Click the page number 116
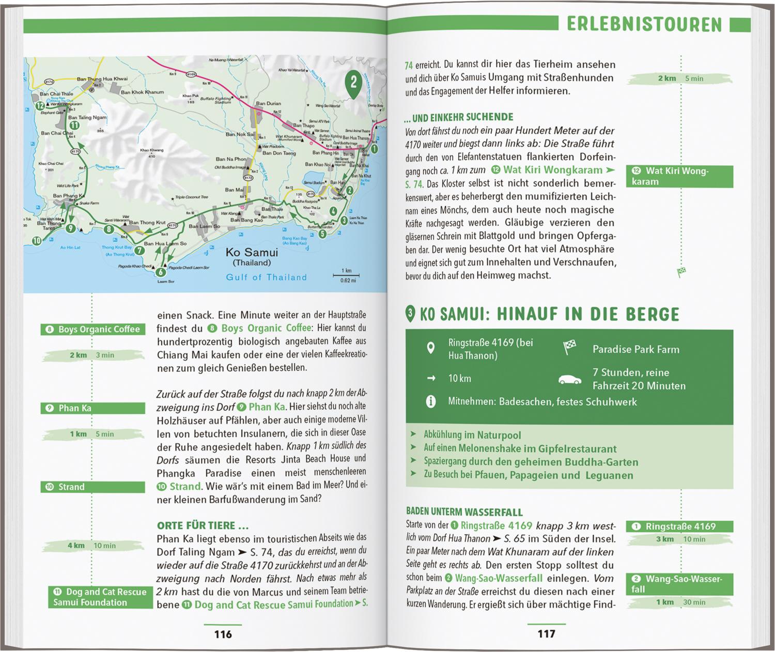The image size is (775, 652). click(x=223, y=634)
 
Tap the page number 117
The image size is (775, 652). click(x=546, y=633)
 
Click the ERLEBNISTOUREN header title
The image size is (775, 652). click(x=644, y=24)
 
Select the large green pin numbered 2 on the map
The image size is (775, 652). click(x=353, y=83)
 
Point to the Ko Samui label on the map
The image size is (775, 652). click(x=252, y=253)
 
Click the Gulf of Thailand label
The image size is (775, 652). click(x=266, y=277)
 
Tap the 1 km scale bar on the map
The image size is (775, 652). click(x=346, y=275)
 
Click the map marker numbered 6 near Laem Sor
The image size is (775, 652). click(x=161, y=272)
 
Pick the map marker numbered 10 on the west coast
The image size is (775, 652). click(x=37, y=241)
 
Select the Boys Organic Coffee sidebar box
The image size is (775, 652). click(x=93, y=329)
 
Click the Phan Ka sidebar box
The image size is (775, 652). click(x=93, y=408)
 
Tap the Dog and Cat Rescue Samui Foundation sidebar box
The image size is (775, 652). click(x=100, y=597)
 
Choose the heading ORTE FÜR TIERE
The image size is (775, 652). click(x=203, y=525)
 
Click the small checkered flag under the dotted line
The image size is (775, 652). click(x=681, y=272)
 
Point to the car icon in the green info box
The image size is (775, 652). click(x=570, y=380)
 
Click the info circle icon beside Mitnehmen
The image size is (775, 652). click(x=430, y=401)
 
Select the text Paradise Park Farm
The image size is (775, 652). click(x=636, y=349)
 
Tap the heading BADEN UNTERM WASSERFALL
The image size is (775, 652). click(x=464, y=512)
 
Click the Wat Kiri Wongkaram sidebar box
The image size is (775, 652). click(x=679, y=176)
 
